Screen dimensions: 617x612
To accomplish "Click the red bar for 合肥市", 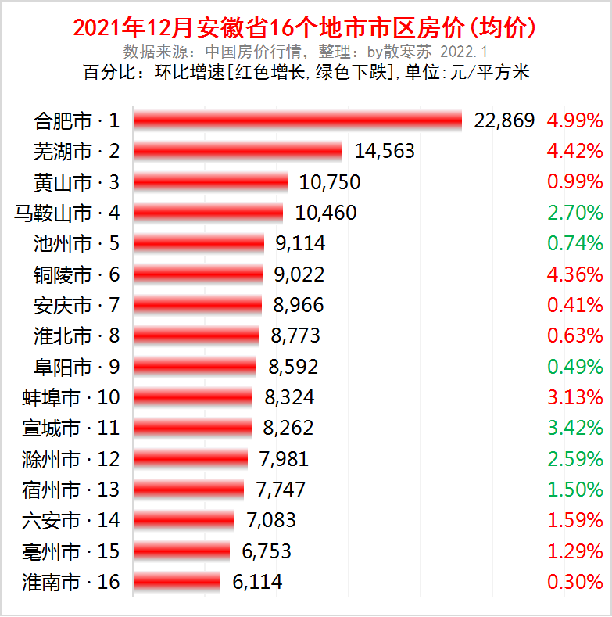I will [x=298, y=120].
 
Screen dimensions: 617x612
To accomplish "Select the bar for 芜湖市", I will [x=238, y=151].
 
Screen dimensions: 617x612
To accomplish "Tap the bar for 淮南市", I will [x=177, y=582].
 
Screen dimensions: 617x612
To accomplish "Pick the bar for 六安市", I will [x=184, y=520].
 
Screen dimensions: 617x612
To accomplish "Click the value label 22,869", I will [x=504, y=120].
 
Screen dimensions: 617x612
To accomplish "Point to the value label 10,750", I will [x=329, y=182].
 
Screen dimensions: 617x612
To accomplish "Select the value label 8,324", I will [x=289, y=397].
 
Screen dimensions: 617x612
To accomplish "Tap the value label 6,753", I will [x=267, y=551].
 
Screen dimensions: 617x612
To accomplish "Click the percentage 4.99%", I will [x=574, y=120].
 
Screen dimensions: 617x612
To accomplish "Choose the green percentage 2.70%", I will [x=574, y=213].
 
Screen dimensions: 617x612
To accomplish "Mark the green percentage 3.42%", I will [x=574, y=428].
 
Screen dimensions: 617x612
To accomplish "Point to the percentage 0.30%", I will [x=574, y=582].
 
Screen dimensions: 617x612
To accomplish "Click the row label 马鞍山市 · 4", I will [x=67, y=213].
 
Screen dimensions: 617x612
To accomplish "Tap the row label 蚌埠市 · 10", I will [x=71, y=397].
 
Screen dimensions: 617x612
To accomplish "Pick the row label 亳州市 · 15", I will [x=71, y=551].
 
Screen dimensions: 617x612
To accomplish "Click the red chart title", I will [x=306, y=28].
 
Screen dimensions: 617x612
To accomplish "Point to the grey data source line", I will [x=306, y=52].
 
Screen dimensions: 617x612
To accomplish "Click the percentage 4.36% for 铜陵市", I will [x=574, y=274].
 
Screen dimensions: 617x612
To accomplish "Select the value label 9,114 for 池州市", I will [x=300, y=243].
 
